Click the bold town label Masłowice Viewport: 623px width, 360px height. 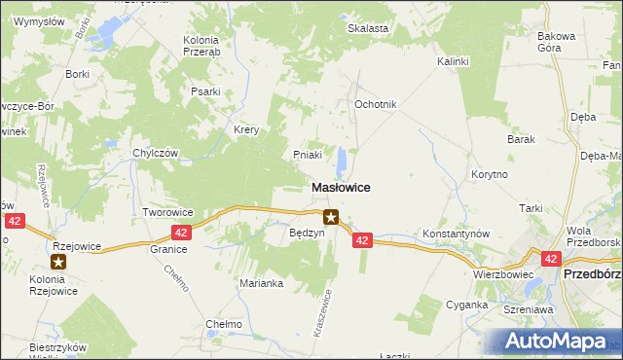tap(340, 187)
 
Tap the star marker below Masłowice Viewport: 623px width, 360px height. tap(332, 218)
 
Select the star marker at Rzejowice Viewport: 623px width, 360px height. tap(59, 262)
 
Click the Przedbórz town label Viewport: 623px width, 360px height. tap(593, 274)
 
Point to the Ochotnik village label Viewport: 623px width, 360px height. tap(375, 104)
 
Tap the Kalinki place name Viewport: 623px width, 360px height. tap(453, 61)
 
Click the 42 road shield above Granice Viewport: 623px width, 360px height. tap(181, 233)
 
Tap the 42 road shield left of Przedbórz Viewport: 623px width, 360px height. tap(551, 258)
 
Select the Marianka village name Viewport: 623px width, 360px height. tap(261, 283)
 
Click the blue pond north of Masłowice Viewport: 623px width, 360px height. tap(343, 162)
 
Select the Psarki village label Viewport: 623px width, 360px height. tap(205, 93)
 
